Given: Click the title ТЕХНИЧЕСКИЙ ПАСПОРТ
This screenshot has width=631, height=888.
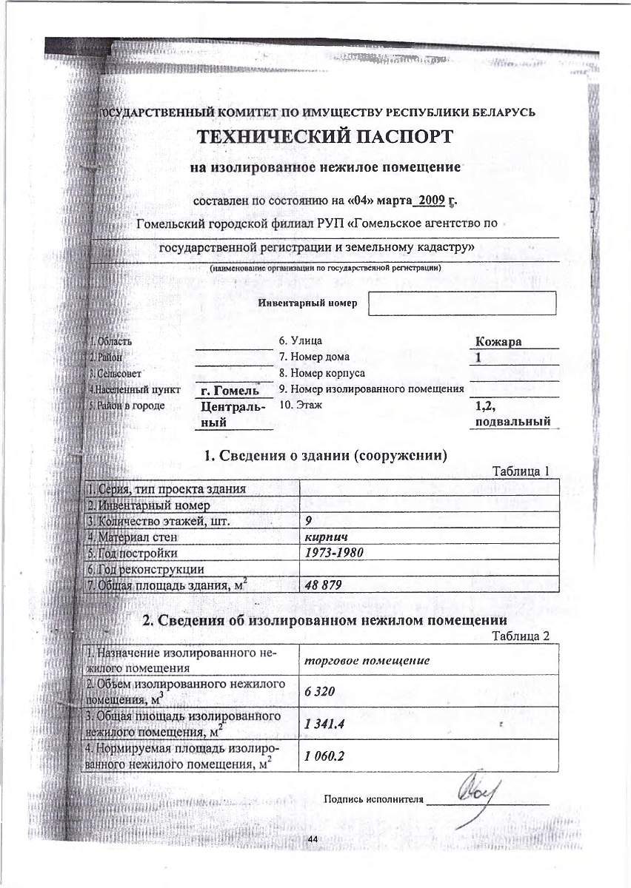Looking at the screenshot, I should [324, 138].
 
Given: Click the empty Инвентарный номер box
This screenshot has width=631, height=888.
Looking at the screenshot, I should [461, 303].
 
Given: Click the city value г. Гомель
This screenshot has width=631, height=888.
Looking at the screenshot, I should [230, 390].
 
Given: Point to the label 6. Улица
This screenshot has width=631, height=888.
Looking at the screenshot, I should [300, 342].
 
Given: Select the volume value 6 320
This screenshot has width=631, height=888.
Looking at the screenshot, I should [320, 692].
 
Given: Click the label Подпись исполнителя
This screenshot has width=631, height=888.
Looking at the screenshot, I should [373, 799].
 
